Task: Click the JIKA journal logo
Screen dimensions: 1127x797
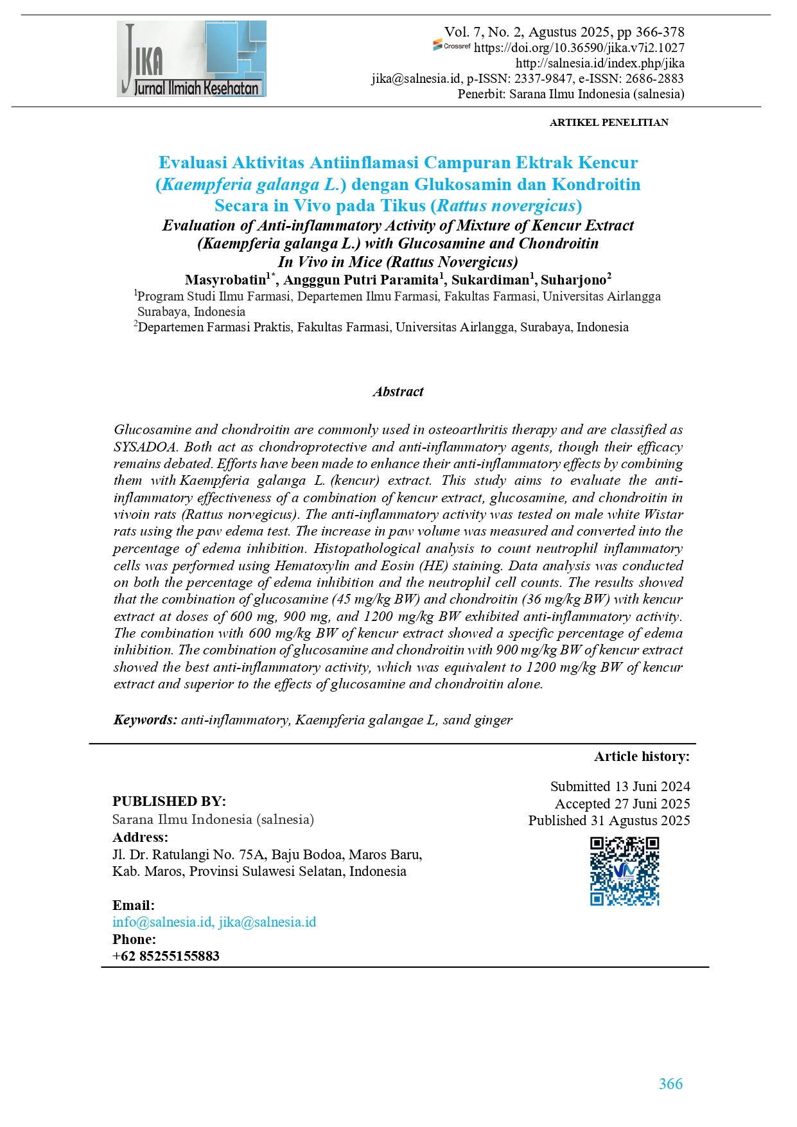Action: tap(191, 58)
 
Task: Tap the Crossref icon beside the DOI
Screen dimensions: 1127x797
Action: tap(451, 46)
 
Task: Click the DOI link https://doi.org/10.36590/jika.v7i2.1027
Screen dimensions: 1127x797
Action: tap(579, 48)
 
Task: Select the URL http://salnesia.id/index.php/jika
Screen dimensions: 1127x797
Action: tap(599, 63)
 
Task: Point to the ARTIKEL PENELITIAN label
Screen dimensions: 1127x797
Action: tap(608, 122)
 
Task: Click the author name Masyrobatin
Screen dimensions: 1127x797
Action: tap(225, 280)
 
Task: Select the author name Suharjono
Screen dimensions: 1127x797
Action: tap(573, 280)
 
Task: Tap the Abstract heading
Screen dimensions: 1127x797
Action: tap(398, 392)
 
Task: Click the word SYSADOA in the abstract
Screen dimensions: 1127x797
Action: tap(145, 447)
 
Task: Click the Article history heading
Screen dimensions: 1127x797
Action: tap(641, 756)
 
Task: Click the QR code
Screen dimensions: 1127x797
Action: tap(624, 871)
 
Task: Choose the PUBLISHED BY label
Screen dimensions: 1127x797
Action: tap(169, 801)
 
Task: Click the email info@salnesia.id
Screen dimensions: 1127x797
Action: tap(162, 922)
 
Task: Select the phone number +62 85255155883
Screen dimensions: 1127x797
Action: tap(166, 956)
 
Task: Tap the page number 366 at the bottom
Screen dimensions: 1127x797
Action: tap(670, 1084)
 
